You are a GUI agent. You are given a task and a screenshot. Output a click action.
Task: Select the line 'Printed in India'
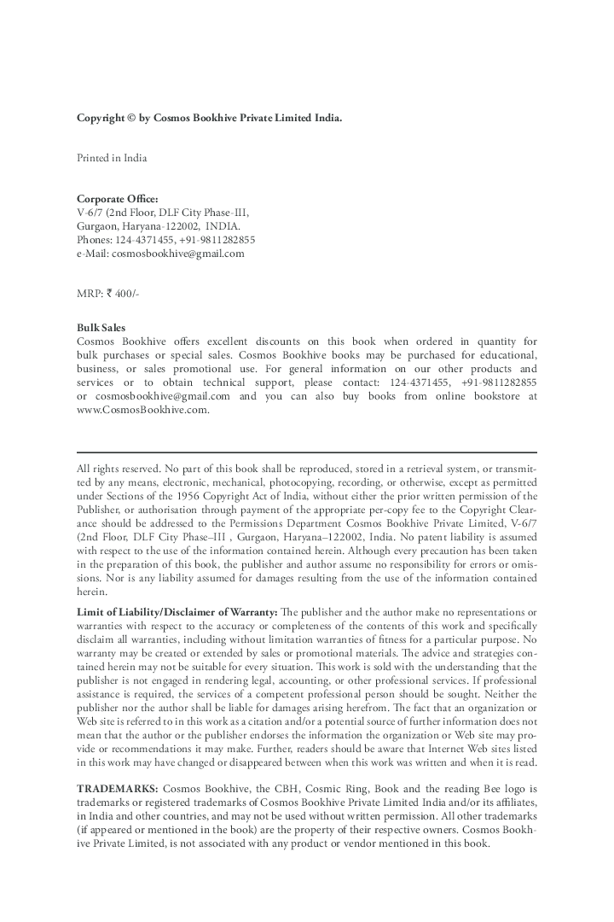click(x=111, y=158)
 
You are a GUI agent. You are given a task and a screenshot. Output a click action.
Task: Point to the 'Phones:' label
click(x=95, y=240)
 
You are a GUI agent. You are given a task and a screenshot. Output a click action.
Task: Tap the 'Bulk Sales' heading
click(x=101, y=327)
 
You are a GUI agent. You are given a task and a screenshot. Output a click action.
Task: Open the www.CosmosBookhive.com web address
click(x=142, y=410)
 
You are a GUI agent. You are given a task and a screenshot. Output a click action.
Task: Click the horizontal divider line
click(x=307, y=452)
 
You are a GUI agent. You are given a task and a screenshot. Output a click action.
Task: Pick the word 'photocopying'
click(x=299, y=481)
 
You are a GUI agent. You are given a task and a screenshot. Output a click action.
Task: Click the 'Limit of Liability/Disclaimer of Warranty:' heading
click(x=177, y=612)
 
